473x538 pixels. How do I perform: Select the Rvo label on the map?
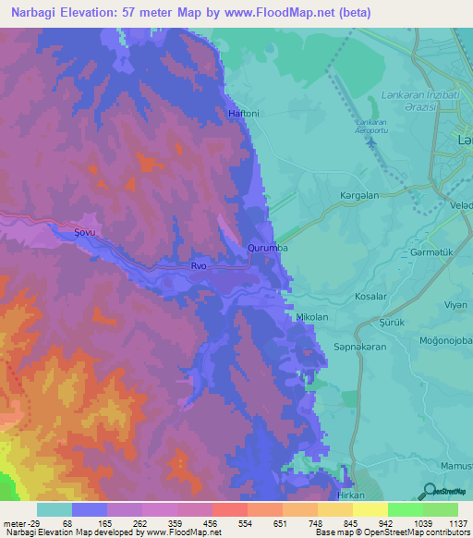pos(199,266)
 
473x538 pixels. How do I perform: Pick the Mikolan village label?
pos(311,317)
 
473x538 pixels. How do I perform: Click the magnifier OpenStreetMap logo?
pos(427,492)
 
